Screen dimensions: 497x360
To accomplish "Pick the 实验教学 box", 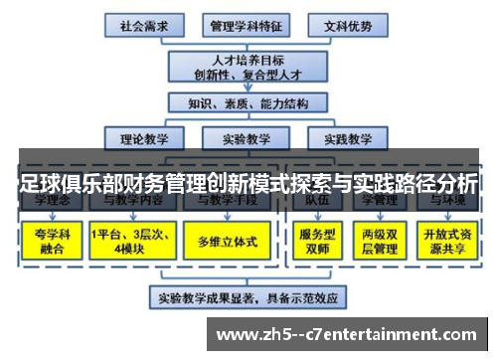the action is [x=245, y=138].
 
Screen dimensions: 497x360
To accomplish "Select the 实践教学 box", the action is [x=341, y=138].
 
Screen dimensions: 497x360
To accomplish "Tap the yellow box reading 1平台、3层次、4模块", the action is [x=130, y=241].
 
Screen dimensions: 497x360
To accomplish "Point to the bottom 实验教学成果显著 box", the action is [x=247, y=296].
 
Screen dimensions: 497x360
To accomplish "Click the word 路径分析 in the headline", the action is [x=437, y=184].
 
